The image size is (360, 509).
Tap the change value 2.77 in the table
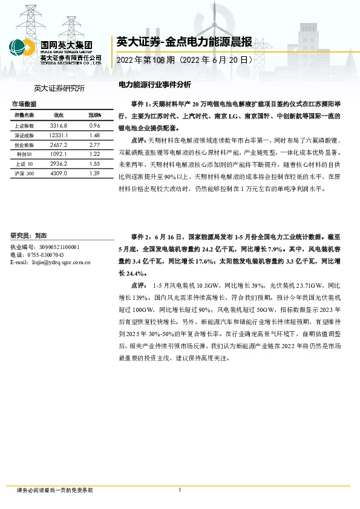(94, 145)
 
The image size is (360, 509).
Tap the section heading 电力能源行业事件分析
(154, 85)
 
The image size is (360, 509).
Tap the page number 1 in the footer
(180, 490)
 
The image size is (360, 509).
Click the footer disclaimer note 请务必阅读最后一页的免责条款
(55, 490)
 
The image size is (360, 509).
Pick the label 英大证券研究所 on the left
(59, 88)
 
